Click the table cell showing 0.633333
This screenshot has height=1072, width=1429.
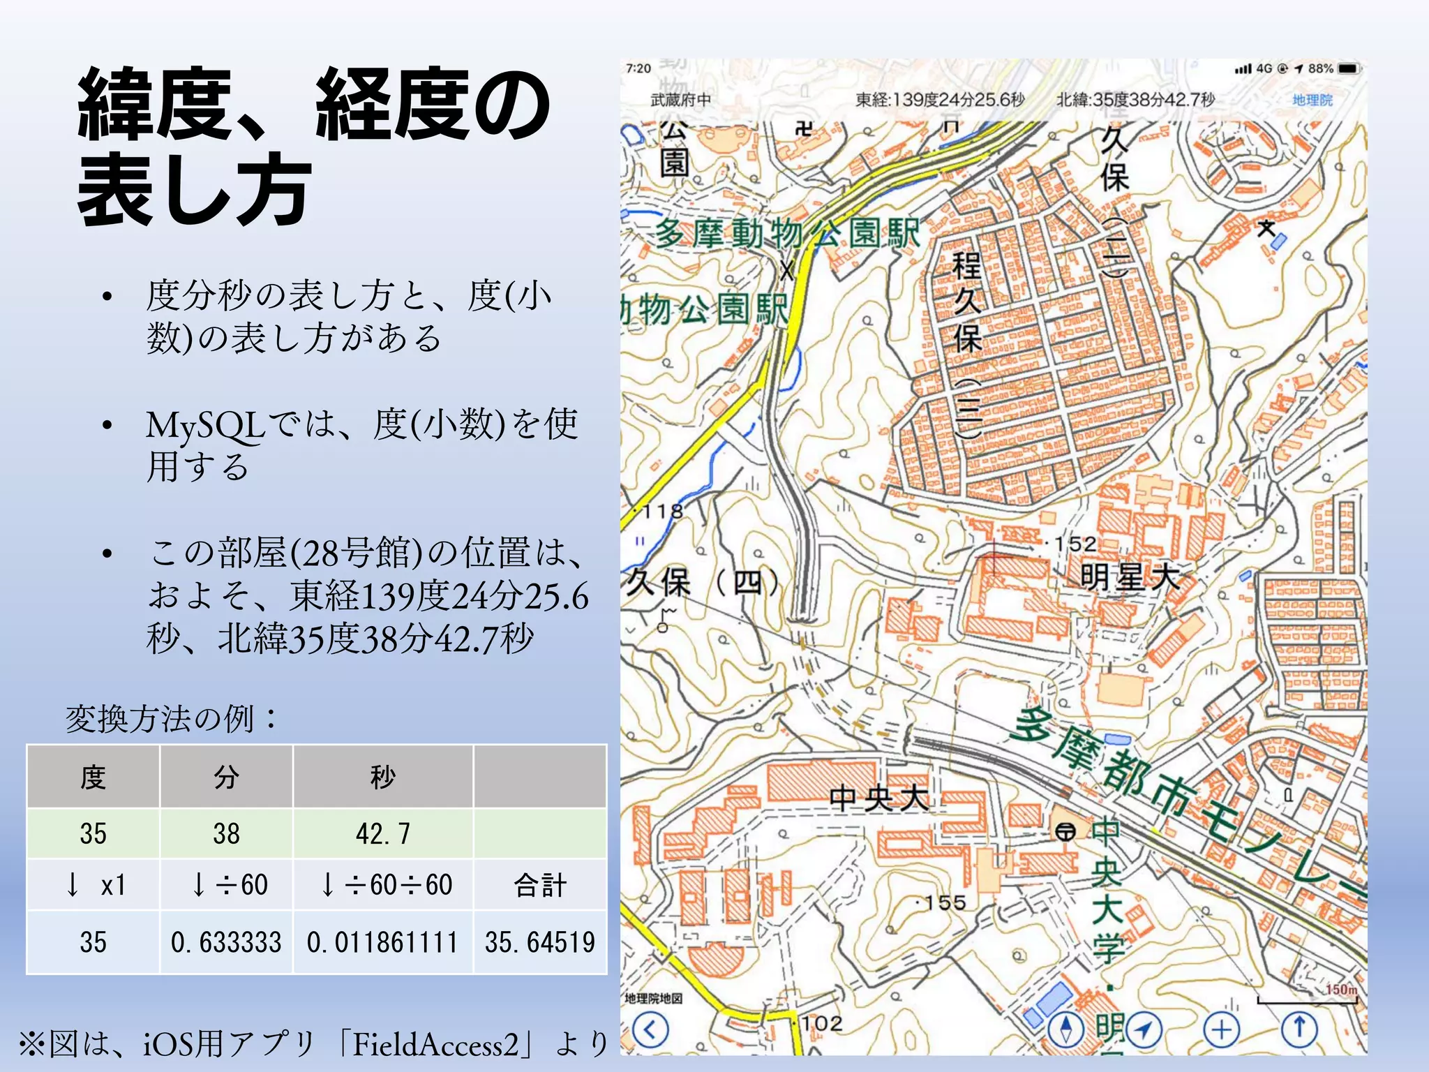coord(226,942)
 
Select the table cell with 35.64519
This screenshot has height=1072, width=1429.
coord(540,942)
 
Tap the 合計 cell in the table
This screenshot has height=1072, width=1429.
coord(540,885)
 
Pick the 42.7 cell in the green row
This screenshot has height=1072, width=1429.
coord(383,833)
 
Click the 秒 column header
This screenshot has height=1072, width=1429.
coord(383,777)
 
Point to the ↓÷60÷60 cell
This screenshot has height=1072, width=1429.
coord(383,885)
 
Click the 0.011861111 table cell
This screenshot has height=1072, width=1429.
coord(383,942)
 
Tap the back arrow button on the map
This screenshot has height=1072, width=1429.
coord(650,1029)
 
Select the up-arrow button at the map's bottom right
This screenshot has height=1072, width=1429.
coord(1299,1029)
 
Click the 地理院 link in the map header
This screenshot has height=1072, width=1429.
coord(1312,100)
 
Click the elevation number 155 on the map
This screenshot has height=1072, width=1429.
coord(945,903)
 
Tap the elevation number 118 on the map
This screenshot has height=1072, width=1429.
coord(662,512)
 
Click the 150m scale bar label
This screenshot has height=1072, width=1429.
coord(1340,990)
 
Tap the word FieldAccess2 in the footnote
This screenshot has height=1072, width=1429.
coord(436,1045)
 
